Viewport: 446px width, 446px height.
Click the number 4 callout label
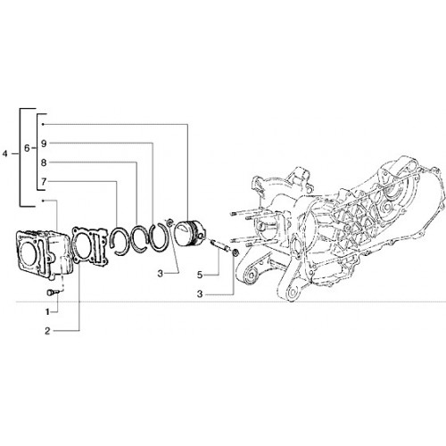point(4,154)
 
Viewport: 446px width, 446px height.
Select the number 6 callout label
point(27,148)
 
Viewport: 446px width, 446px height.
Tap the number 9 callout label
point(44,144)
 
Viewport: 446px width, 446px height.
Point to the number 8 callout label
point(44,162)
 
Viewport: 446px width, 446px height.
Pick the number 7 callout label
point(44,181)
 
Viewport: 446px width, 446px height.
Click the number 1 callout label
point(47,312)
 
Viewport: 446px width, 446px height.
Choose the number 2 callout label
point(47,331)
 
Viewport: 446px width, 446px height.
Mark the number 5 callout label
point(200,275)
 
